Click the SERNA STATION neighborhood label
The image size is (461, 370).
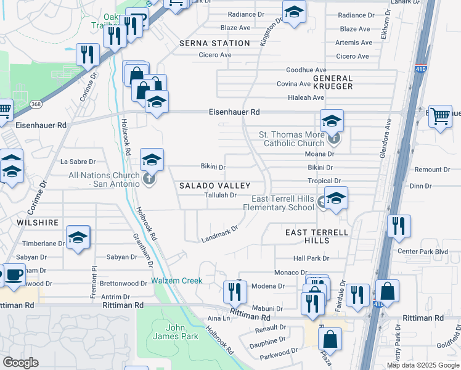[214, 43]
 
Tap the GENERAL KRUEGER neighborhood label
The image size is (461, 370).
[333, 83]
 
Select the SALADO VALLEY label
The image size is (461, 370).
[214, 186]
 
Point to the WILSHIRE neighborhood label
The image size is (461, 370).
[38, 222]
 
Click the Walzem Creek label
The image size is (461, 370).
[177, 281]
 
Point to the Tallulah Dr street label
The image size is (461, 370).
[221, 195]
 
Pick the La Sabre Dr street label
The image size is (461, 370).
[78, 162]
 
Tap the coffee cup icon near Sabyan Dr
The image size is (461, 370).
[14, 275]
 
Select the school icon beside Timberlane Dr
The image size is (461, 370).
[78, 237]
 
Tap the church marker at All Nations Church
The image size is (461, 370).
[148, 179]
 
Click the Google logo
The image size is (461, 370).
[21, 363]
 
